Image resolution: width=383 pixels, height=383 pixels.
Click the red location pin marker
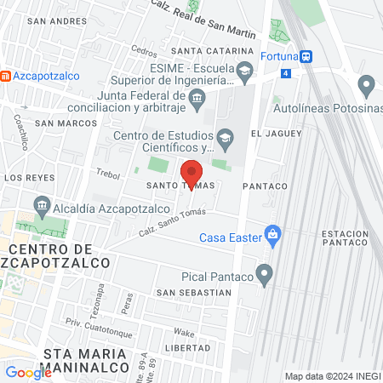click(192, 174)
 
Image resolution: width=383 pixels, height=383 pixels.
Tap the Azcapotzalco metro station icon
click(7, 76)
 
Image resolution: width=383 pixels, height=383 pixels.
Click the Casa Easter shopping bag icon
click(272, 232)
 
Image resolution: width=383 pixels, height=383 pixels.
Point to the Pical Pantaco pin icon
click(265, 275)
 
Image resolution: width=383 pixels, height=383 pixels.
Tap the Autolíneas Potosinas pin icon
click(367, 85)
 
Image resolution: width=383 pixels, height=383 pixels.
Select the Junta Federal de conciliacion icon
click(197, 100)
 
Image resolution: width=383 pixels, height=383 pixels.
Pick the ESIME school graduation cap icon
click(245, 70)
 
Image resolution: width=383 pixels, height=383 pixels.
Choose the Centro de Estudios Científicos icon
click(225, 136)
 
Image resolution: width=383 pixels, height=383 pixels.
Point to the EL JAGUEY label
click(277, 134)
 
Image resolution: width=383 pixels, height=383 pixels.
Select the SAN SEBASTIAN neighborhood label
click(193, 292)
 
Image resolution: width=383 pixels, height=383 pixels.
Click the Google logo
click(28, 372)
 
